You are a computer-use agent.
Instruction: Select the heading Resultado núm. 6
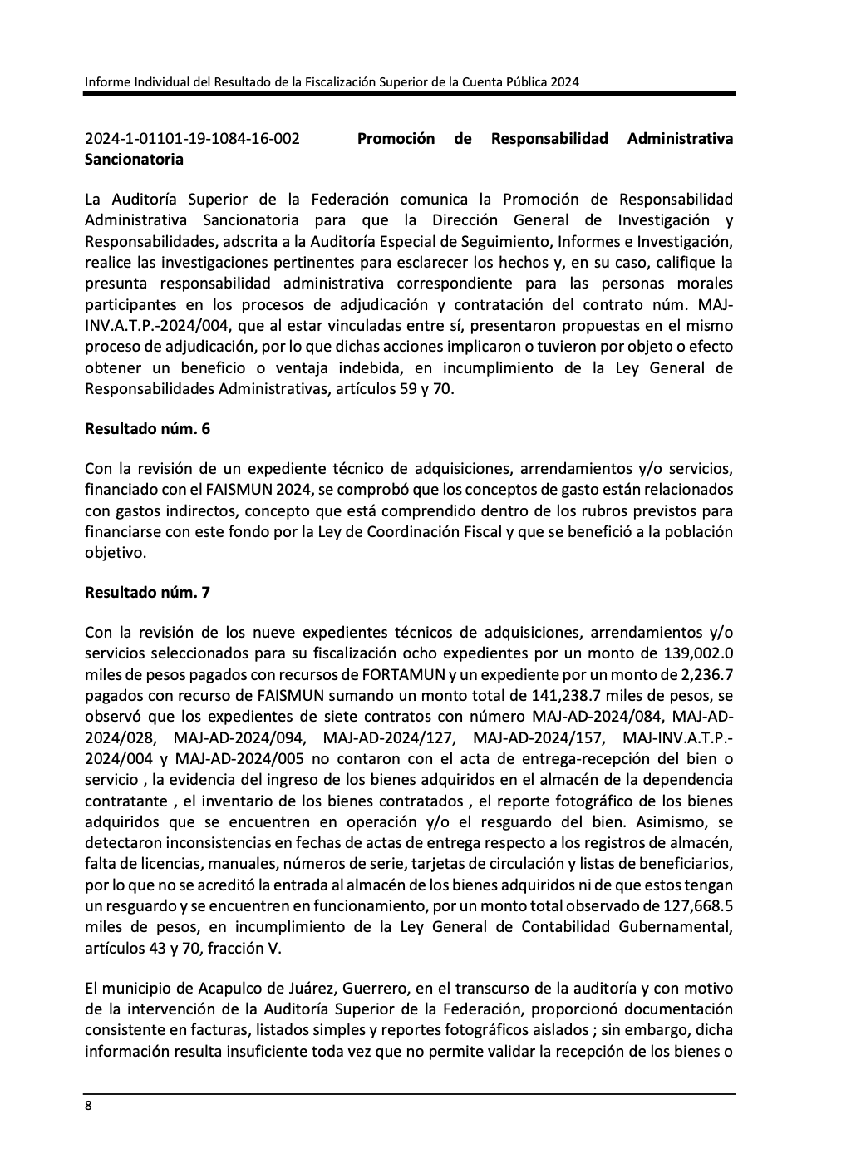click(x=147, y=429)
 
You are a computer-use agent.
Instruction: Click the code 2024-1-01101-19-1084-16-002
click(x=192, y=139)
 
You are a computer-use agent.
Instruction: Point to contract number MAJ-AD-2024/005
click(x=240, y=758)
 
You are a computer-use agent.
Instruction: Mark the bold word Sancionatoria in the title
click(x=134, y=159)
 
